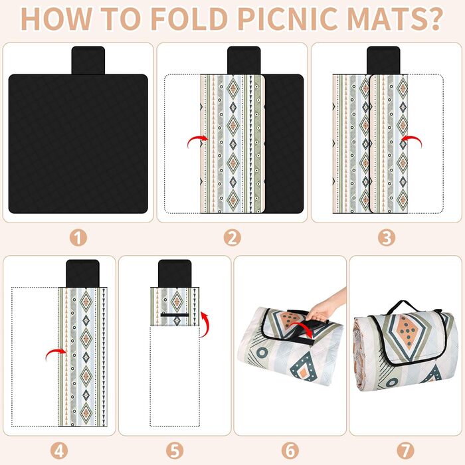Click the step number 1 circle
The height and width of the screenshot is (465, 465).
[x=78, y=238]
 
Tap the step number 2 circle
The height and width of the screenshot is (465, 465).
[x=232, y=238]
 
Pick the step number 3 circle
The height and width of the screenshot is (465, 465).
[x=387, y=238]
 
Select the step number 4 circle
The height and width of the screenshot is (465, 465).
[x=59, y=451]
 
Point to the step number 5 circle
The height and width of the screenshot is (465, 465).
[x=174, y=451]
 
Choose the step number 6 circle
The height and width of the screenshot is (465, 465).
[x=290, y=451]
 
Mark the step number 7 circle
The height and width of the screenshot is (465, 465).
[x=405, y=451]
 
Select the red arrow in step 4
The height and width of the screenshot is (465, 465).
[x=54, y=351]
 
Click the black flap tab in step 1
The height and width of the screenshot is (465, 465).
[x=88, y=60]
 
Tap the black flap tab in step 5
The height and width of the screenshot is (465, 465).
[x=175, y=274]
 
